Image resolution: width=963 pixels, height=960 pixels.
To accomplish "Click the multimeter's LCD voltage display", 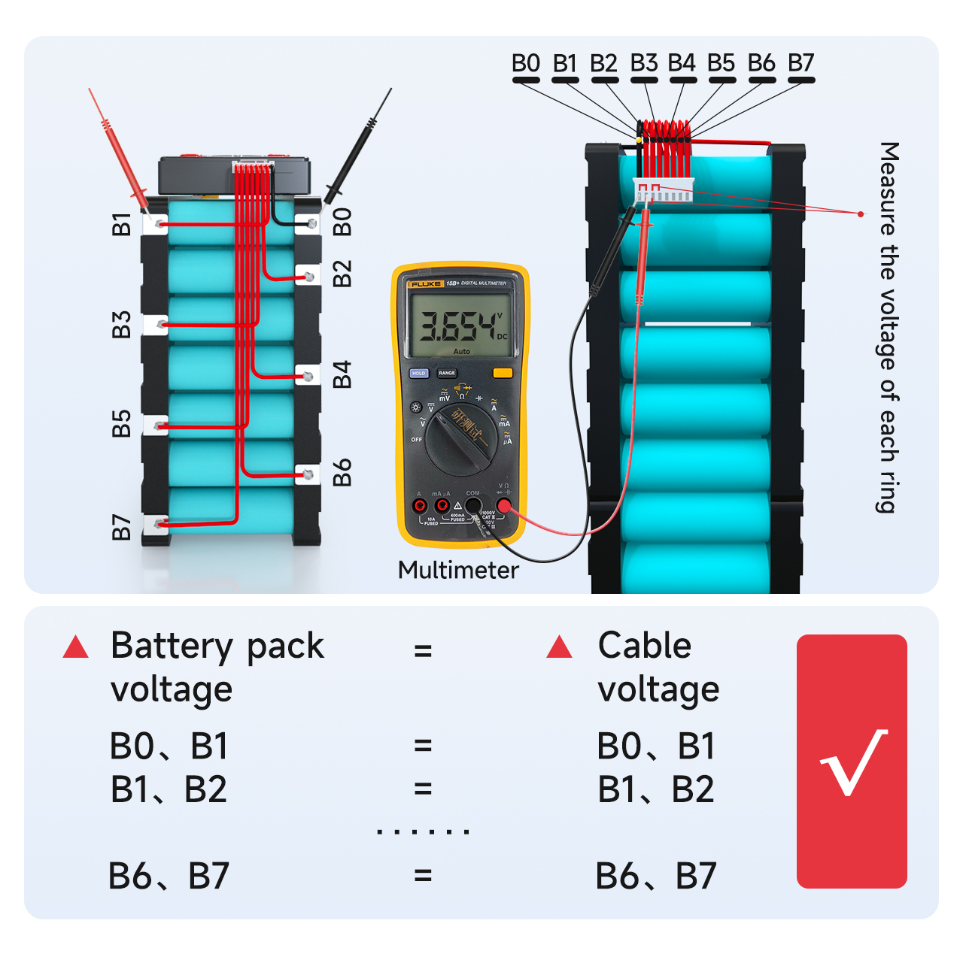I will (x=460, y=325).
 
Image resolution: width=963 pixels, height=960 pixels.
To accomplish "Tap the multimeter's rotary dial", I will (x=460, y=440).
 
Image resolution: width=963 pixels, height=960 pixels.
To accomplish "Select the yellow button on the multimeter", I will (x=502, y=373).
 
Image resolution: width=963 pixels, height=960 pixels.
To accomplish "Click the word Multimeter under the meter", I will (x=457, y=570).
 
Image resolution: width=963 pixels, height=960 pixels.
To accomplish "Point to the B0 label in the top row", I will (x=526, y=63).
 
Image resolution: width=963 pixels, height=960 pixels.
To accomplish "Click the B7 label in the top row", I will (x=800, y=63).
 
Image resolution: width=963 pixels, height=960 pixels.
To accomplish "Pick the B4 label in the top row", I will (x=682, y=63).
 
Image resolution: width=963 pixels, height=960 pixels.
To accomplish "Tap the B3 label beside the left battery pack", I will (x=121, y=325).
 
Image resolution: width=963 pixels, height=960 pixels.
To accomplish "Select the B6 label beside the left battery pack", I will (x=342, y=472).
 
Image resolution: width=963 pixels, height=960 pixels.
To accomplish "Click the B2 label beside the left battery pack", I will (x=342, y=274).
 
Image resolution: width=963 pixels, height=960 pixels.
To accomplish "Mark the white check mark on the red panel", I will (x=853, y=762).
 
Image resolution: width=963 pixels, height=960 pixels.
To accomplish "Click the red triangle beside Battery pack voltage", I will (x=76, y=647).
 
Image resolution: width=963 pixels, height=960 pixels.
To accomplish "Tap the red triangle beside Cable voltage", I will (x=559, y=647).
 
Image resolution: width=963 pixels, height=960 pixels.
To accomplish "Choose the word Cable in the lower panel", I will (x=644, y=645).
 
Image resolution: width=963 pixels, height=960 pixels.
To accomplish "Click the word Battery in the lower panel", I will (x=172, y=647).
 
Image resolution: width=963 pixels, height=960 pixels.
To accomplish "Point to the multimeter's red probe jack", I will (x=503, y=505).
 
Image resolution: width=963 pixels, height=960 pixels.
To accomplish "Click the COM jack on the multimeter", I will (x=473, y=504).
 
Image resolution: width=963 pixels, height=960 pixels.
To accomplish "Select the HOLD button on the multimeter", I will (x=419, y=373).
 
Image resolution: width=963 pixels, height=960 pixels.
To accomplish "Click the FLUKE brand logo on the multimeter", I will (x=426, y=284).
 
